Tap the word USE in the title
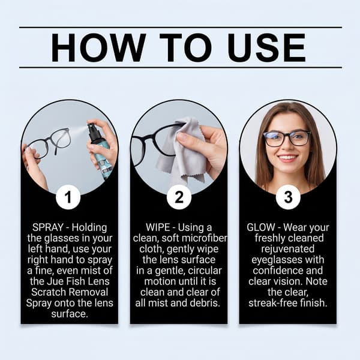tap(266, 47)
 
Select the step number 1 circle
tap(68, 197)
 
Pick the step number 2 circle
tap(179, 197)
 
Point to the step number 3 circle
tap(288, 197)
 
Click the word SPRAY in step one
tap(48, 227)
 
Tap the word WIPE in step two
tap(158, 227)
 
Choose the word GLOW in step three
tap(261, 227)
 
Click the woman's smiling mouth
tap(288, 158)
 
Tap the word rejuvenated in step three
tap(287, 250)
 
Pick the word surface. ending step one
tap(70, 314)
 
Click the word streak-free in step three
tap(271, 303)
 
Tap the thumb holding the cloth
tap(188, 139)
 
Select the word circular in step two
tap(205, 271)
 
